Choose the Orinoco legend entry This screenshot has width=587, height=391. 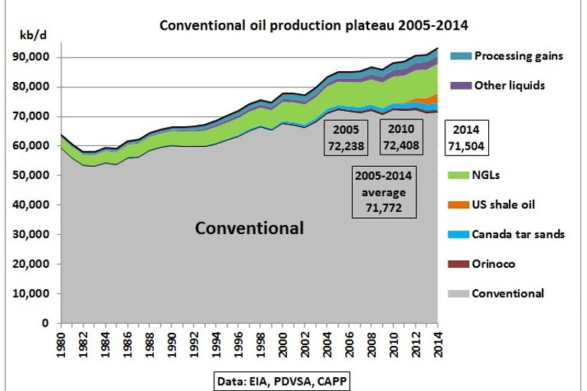(x=494, y=264)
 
